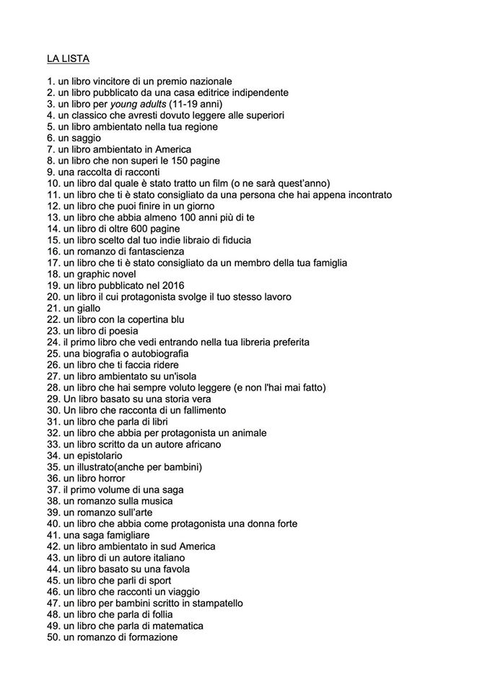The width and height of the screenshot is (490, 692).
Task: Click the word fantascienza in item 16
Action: click(x=158, y=251)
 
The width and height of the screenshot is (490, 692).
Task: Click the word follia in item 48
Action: click(x=159, y=614)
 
